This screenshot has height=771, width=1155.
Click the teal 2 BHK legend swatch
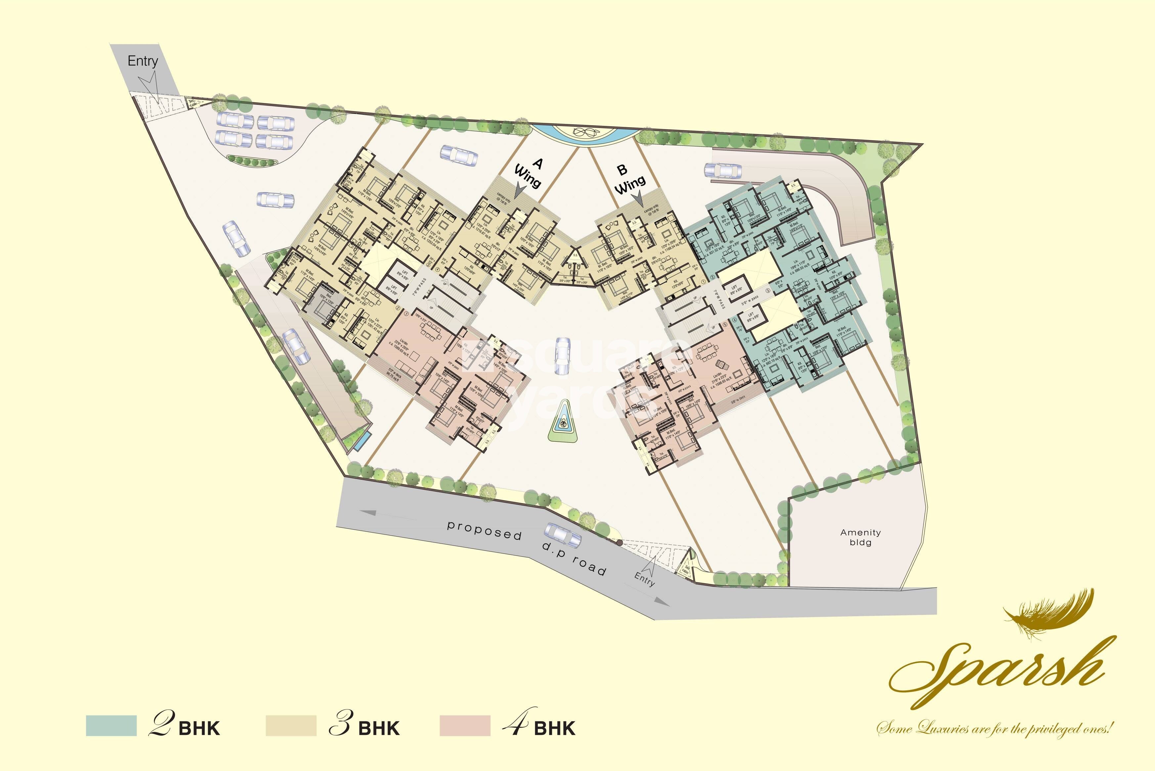(x=111, y=725)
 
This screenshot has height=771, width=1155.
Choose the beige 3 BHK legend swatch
(x=291, y=725)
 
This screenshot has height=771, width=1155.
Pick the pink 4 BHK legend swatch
(x=465, y=725)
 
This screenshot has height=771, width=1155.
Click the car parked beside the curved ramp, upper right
(x=723, y=171)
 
